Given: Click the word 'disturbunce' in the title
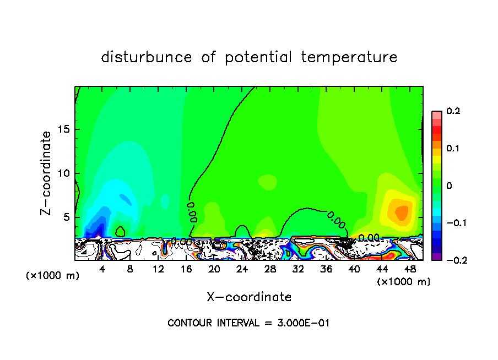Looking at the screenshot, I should point(147,57).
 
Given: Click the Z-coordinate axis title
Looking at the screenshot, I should point(47,172).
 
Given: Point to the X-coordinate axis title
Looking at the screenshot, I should point(249,297).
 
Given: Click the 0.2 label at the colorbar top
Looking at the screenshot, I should point(453,112).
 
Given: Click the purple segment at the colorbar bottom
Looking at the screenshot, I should point(436,257).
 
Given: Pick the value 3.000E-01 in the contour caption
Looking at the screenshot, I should point(302,323).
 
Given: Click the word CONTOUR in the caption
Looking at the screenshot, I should point(190,323).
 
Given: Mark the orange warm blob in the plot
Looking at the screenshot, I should point(398,211).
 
